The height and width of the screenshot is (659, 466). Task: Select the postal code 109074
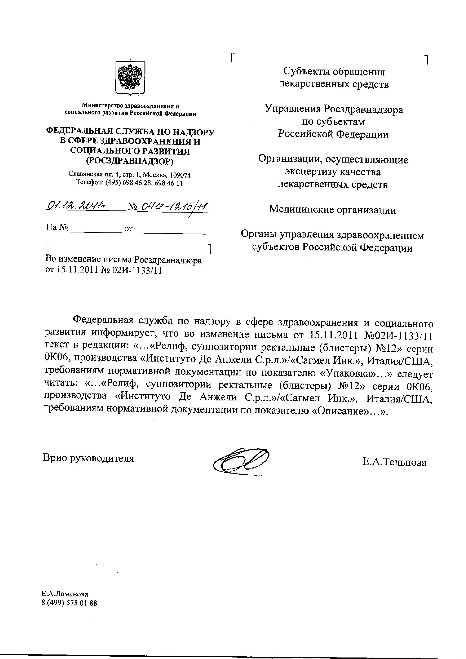(180, 175)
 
